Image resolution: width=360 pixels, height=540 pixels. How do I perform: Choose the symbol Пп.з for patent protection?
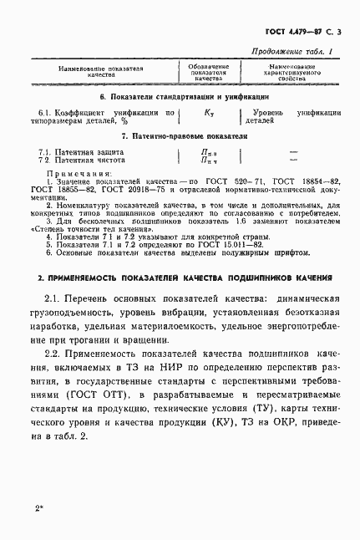click(209, 152)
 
